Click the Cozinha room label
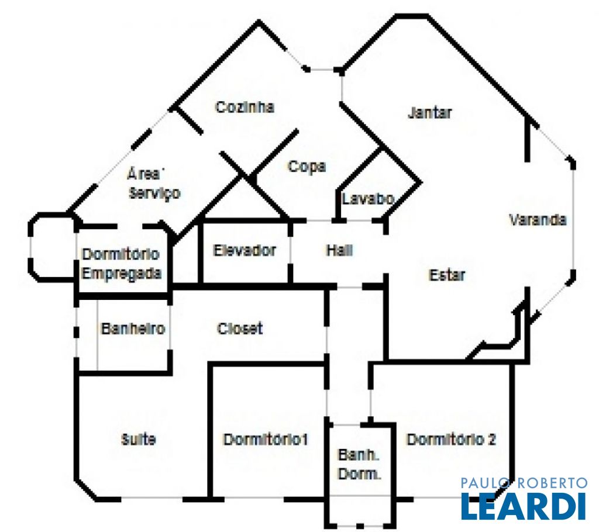[245, 107]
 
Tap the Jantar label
[430, 113]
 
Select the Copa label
[307, 167]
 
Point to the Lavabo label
[367, 199]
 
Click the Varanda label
[538, 220]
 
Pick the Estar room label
[447, 275]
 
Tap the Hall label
[340, 251]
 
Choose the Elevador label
[245, 251]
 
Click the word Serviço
[154, 194]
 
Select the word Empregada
[122, 274]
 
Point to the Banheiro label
[133, 329]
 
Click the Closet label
[240, 329]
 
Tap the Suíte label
[138, 439]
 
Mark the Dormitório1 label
[266, 440]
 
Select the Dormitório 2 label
[451, 440]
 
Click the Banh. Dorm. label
[359, 464]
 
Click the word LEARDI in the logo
[524, 506]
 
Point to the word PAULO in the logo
[484, 483]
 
